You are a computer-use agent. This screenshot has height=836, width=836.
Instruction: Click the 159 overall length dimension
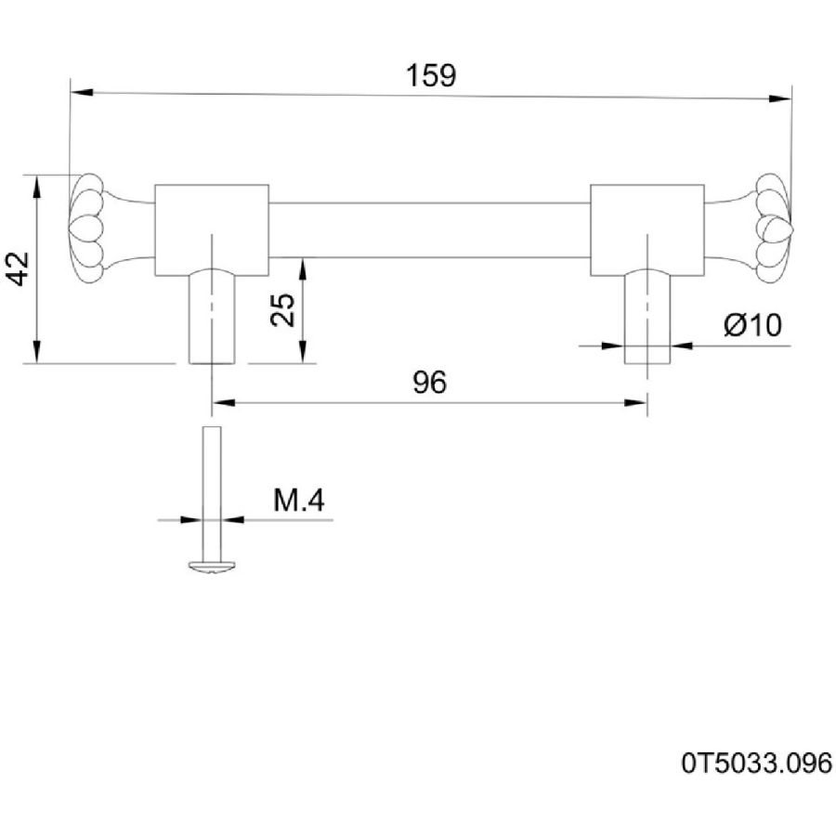coord(431,75)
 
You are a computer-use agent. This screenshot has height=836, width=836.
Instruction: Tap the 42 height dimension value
coord(20,268)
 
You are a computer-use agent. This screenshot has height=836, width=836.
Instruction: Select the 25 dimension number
coord(282,309)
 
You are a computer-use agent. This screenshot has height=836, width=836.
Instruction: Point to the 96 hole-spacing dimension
coord(430,382)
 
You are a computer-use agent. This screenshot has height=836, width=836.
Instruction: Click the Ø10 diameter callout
coord(752,324)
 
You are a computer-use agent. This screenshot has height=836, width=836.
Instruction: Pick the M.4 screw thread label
coord(298,501)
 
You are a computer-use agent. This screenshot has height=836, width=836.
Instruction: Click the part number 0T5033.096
coord(756,763)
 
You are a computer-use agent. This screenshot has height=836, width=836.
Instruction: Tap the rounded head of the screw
coord(212,567)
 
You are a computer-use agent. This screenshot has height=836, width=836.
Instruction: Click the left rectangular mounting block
coord(212,229)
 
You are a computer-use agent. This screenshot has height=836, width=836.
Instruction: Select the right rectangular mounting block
coord(647,229)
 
